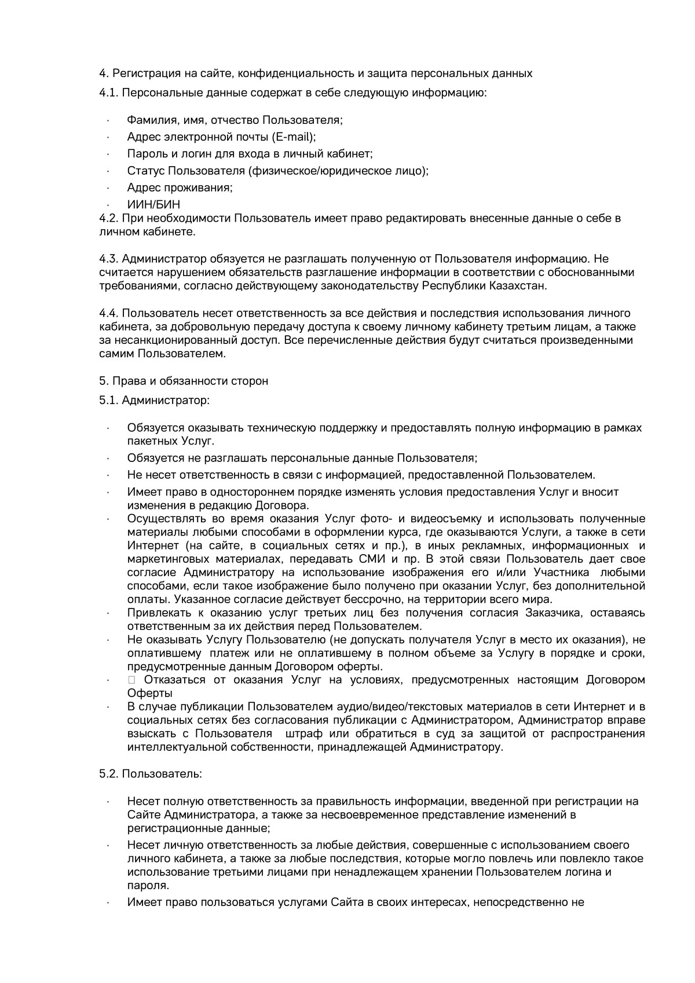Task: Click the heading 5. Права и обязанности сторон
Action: (184, 381)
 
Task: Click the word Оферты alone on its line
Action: (149, 693)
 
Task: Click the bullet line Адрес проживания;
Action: (180, 188)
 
